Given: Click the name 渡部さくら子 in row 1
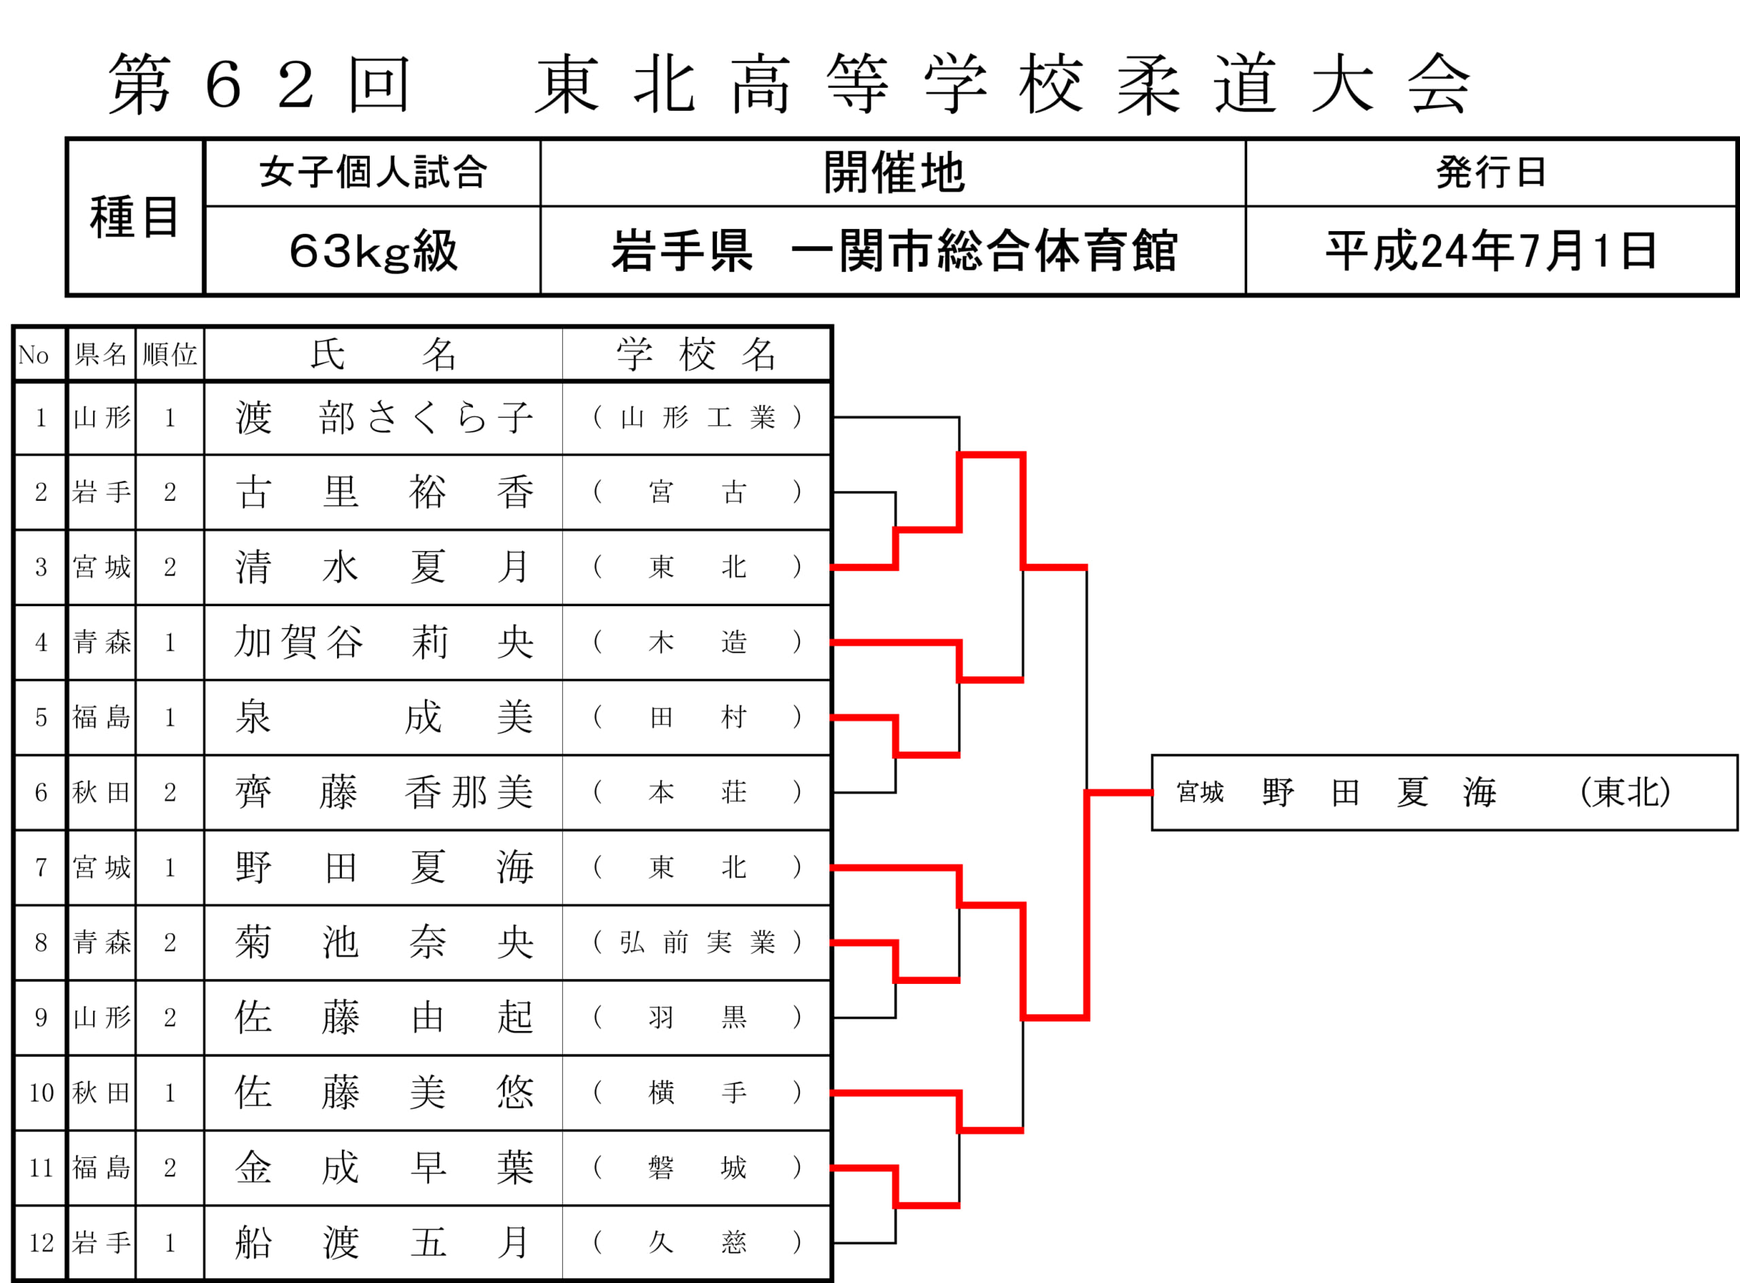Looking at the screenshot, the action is click(385, 418).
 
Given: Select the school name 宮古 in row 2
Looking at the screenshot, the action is click(697, 491).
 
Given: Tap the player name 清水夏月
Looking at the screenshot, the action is click(385, 567).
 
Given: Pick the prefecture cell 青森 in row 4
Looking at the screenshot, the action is click(102, 642).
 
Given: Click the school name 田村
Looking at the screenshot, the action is click(697, 717).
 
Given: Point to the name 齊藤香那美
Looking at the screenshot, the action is click(385, 792).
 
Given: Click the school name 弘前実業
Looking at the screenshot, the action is click(697, 942).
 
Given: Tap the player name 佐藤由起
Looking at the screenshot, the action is click(385, 1017).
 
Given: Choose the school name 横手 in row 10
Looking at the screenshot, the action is click(697, 1093).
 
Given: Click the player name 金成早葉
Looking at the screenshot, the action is click(385, 1167).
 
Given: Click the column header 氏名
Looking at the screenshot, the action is click(383, 355).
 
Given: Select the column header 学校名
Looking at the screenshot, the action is click(697, 355).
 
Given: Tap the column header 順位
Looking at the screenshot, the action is click(169, 355).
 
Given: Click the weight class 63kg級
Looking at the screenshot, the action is click(373, 251).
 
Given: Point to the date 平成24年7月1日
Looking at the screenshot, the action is click(1491, 251).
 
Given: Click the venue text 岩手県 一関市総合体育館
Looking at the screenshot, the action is click(893, 251).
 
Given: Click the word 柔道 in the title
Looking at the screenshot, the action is click(1197, 84).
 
